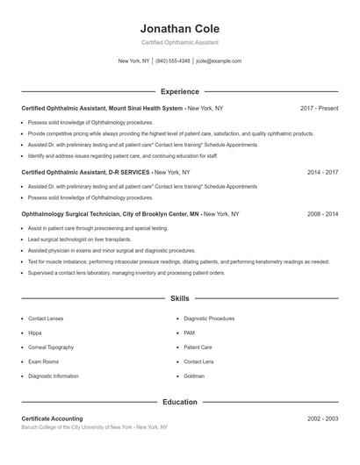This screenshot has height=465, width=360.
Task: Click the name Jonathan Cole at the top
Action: pyautogui.click(x=179, y=28)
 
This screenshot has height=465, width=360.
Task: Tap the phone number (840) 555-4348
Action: pyautogui.click(x=173, y=61)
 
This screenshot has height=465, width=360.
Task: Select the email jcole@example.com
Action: pyautogui.click(x=219, y=61)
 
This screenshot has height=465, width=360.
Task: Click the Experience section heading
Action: pyautogui.click(x=179, y=91)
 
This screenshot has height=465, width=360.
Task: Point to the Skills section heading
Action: pyautogui.click(x=179, y=299)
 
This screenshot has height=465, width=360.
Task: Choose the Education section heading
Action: pyautogui.click(x=179, y=402)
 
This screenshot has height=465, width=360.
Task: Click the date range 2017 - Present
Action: pyautogui.click(x=319, y=108)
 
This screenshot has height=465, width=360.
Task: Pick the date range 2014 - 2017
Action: pyautogui.click(x=322, y=172)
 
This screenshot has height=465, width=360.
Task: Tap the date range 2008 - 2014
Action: pyautogui.click(x=322, y=213)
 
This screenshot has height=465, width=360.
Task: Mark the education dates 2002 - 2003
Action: pyautogui.click(x=322, y=418)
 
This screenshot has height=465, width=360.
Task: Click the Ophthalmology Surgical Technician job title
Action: pyautogui.click(x=111, y=213)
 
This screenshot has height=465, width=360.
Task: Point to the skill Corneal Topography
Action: pyautogui.click(x=51, y=347)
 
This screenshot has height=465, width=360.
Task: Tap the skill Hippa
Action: pyautogui.click(x=35, y=333)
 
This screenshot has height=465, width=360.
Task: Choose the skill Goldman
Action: pyautogui.click(x=194, y=376)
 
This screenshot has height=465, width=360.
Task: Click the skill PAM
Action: pyautogui.click(x=190, y=333)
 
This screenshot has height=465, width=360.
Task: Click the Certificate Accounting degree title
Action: pyautogui.click(x=52, y=418)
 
